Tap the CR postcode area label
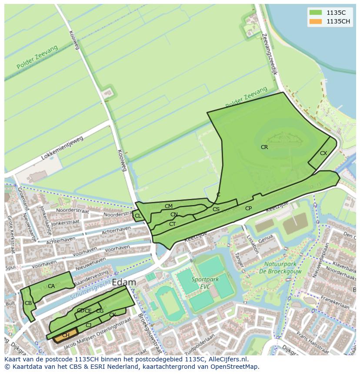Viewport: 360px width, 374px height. [x=264, y=147]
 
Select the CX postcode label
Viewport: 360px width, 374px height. [x=323, y=153]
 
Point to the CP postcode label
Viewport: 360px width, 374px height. [x=248, y=209]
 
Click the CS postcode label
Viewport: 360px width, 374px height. [x=216, y=209]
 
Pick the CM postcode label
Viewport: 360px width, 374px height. [x=169, y=206]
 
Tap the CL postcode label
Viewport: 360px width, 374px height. [x=138, y=216]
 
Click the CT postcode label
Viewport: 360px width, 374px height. [x=172, y=224]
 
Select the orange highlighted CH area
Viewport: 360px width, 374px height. [x=66, y=335]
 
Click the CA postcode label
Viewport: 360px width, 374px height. [x=51, y=286]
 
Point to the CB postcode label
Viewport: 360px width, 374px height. [x=28, y=303]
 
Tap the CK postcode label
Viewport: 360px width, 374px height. [x=113, y=315]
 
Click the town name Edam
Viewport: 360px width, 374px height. [x=124, y=282]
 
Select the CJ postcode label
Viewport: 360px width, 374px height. [x=88, y=325]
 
